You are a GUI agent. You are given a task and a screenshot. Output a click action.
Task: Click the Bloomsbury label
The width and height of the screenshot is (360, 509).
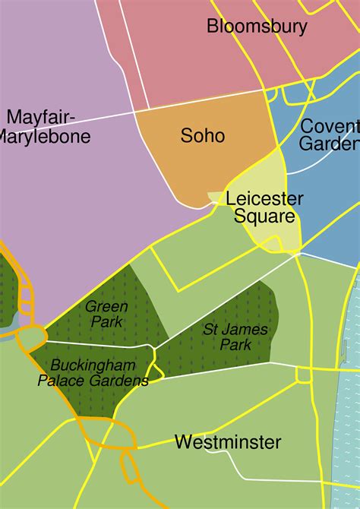tap(257, 27)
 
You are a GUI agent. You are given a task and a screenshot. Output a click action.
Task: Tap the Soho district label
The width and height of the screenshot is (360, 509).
tap(203, 136)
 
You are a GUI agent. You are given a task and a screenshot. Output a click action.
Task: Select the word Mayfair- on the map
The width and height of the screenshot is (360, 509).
tap(41, 118)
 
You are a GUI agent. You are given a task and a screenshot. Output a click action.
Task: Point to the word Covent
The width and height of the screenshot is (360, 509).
tap(330, 126)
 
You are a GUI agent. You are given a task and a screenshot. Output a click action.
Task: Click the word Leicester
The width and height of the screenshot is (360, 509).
tap(264, 199)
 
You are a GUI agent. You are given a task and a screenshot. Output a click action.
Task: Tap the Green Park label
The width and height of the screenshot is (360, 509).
tap(106, 314)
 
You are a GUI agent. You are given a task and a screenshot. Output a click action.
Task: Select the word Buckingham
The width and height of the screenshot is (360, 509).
tap(94, 365)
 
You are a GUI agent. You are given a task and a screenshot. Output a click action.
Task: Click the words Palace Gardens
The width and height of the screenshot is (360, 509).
tap(93, 381)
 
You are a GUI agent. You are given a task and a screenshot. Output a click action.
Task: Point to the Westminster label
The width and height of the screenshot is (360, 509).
tap(228, 442)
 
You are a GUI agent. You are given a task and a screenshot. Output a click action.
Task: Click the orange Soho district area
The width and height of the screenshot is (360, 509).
tap(228, 163)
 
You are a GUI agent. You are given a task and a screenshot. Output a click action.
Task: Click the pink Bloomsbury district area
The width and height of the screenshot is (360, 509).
tap(190, 68)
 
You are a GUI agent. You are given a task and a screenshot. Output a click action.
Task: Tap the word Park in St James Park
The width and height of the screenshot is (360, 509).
tap(235, 344)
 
